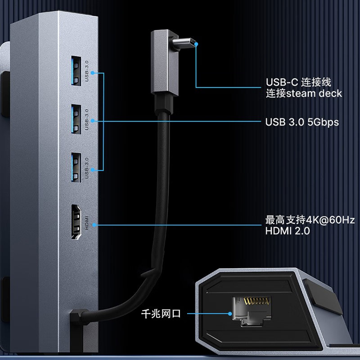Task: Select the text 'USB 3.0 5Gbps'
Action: click(301, 122)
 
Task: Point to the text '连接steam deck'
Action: click(304, 94)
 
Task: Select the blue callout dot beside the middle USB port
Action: click(93, 121)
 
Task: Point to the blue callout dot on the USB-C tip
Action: click(196, 44)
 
